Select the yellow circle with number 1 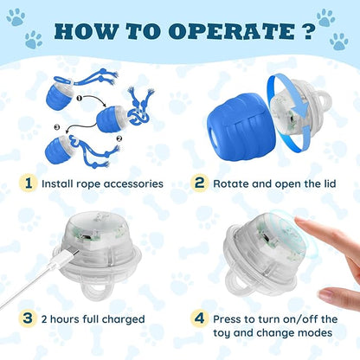click(29, 184)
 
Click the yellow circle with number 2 click(199, 184)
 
